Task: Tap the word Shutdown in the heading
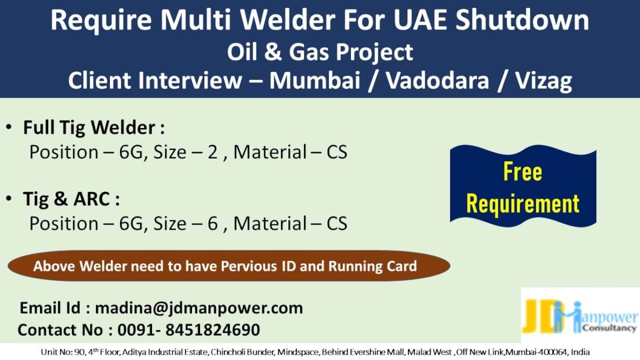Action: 523,20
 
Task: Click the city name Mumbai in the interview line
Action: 315,81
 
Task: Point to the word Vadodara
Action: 437,81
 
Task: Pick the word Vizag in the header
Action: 543,81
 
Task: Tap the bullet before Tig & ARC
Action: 9,198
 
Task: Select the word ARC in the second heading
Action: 92,198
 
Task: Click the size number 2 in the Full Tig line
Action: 213,152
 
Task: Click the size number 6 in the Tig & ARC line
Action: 213,223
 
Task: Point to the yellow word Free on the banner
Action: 523,171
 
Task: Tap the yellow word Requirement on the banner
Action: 523,204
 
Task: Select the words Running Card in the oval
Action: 373,267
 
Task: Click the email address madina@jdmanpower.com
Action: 199,308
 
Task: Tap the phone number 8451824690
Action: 213,330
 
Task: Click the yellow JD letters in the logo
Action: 543,316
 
